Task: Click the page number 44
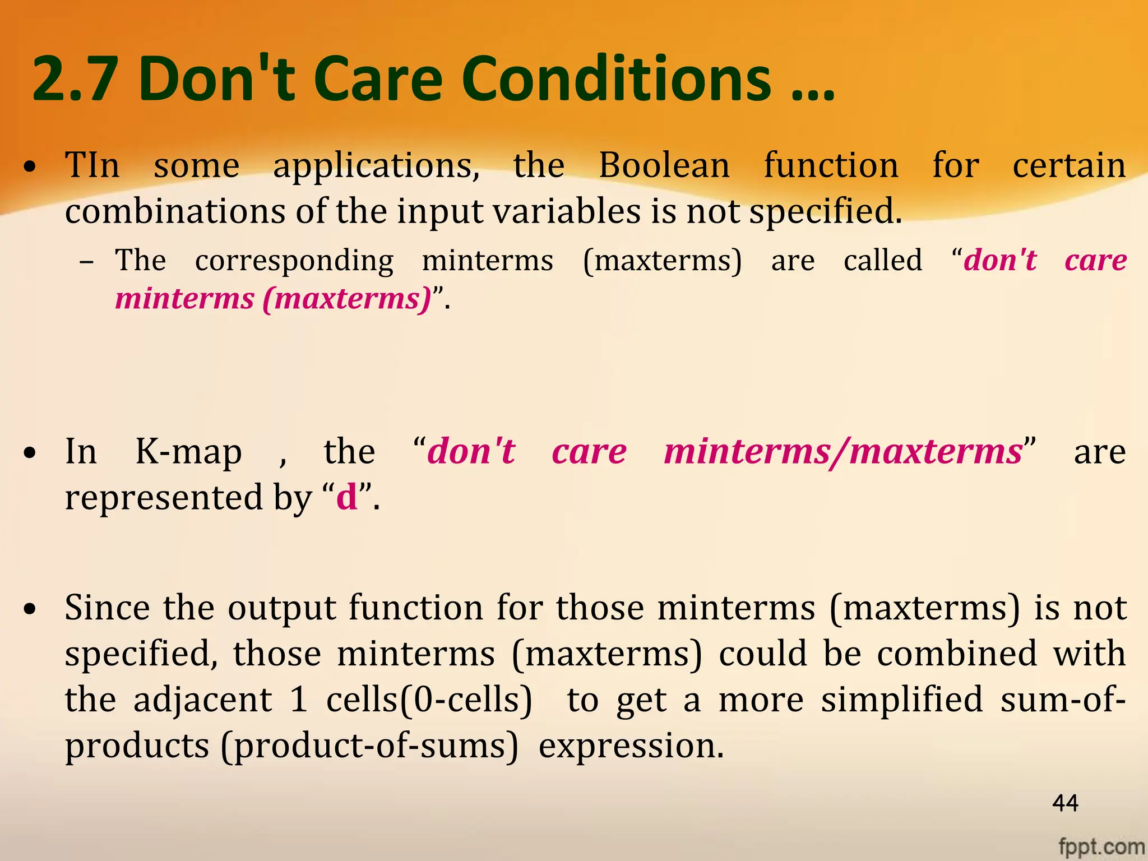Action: click(1065, 803)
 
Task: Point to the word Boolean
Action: click(664, 165)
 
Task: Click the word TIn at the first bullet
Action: click(92, 165)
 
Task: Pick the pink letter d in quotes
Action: click(347, 497)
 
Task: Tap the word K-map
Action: click(188, 452)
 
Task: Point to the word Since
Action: click(107, 608)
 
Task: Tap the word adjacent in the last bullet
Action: click(202, 701)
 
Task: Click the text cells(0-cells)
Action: click(429, 701)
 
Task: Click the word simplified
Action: click(902, 701)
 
